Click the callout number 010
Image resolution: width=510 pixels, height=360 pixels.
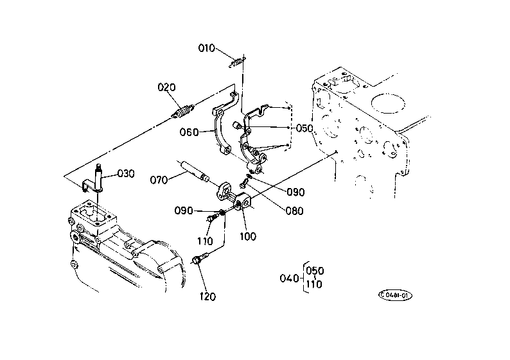click(x=207, y=48)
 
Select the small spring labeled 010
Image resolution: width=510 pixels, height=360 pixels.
click(x=238, y=62)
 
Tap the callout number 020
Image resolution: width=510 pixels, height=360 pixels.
click(x=166, y=87)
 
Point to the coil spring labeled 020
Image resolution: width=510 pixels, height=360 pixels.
click(x=183, y=111)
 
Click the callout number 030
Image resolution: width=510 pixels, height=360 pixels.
click(x=126, y=173)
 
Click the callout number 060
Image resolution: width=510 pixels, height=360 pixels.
click(x=189, y=132)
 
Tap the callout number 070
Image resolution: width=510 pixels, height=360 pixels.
click(x=159, y=180)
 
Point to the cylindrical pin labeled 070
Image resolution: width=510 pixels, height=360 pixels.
click(x=193, y=171)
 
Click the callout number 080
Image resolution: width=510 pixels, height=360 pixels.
click(x=294, y=211)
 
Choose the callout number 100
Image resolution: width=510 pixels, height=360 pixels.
click(x=248, y=236)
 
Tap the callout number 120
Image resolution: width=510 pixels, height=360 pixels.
click(x=207, y=296)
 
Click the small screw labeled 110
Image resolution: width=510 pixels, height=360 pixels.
click(x=211, y=217)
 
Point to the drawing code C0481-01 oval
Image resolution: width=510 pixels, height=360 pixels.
click(x=395, y=295)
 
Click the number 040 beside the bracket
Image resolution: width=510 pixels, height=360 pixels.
click(x=289, y=278)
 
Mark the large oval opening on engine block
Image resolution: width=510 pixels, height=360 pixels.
click(x=388, y=103)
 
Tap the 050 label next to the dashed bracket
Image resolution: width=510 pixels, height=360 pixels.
click(x=304, y=128)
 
